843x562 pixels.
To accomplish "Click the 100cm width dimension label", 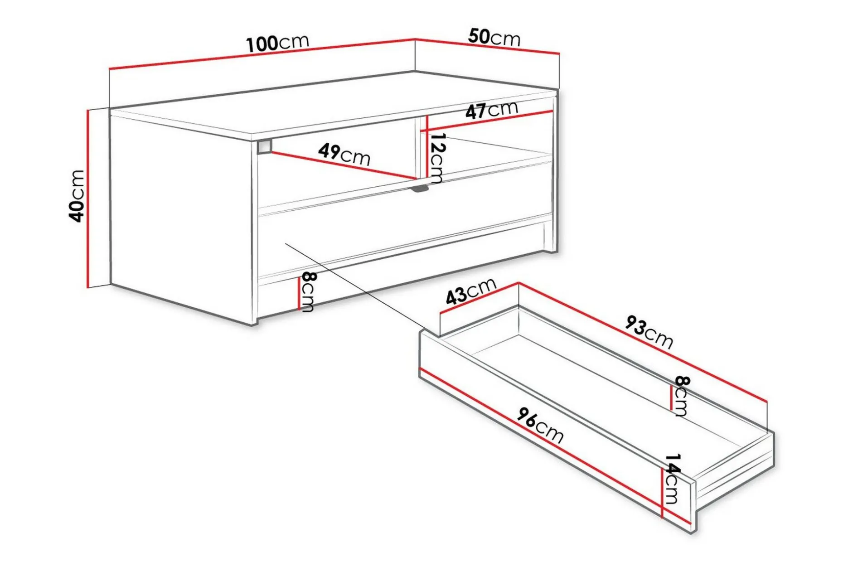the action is pyautogui.click(x=278, y=43).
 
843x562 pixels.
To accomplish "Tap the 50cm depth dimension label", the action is pyautogui.click(x=494, y=37).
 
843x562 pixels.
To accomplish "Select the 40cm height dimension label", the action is pyautogui.click(x=77, y=196).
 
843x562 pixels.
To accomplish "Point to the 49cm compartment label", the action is pyautogui.click(x=344, y=154).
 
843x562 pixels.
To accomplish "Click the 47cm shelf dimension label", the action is pyautogui.click(x=492, y=110).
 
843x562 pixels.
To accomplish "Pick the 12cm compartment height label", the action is pyautogui.click(x=437, y=158).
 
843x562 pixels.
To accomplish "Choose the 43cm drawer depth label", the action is pyautogui.click(x=471, y=291).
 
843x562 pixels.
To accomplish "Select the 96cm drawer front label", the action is pyautogui.click(x=541, y=425).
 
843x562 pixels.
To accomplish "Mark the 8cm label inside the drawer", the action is pyautogui.click(x=681, y=396).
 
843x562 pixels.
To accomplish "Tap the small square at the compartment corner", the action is pyautogui.click(x=264, y=147).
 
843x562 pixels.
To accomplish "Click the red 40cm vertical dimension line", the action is pyautogui.click(x=87, y=199).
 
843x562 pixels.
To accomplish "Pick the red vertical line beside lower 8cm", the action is pyautogui.click(x=299, y=293).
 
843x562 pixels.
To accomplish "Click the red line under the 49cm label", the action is pyautogui.click(x=344, y=165).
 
